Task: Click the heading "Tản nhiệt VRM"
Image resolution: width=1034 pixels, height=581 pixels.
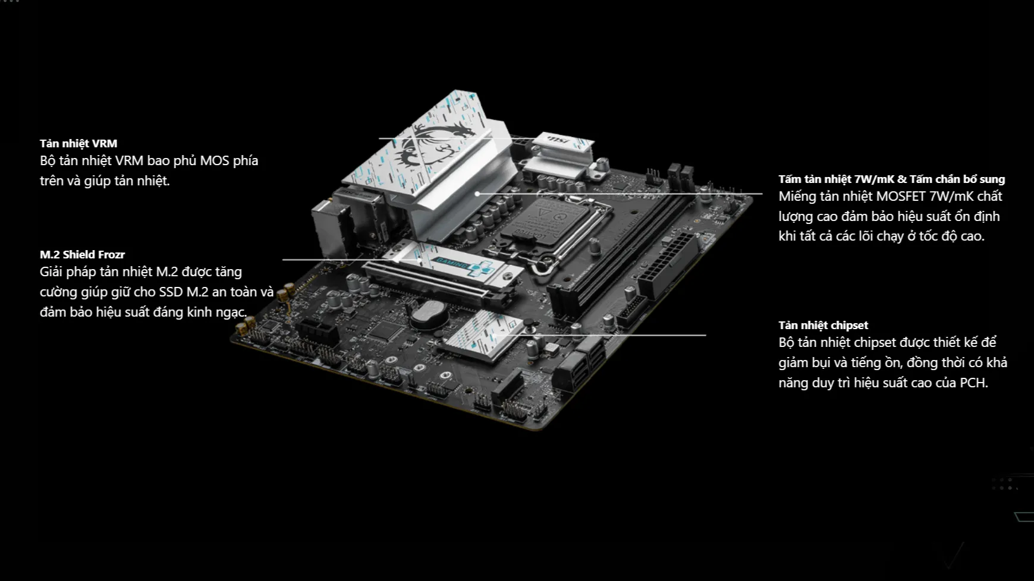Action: [x=78, y=143]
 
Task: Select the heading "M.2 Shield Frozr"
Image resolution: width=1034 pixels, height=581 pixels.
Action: [x=82, y=254]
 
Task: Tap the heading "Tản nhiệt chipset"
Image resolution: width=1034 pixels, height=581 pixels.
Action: [x=823, y=325]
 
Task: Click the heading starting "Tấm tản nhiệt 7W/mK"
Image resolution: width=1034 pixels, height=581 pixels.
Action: [x=891, y=179]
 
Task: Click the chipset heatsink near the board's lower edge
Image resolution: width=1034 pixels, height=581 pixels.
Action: [x=483, y=336]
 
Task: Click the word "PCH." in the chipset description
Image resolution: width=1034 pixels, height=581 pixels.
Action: [x=974, y=383]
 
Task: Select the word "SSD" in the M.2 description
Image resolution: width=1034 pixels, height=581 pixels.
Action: [x=171, y=292]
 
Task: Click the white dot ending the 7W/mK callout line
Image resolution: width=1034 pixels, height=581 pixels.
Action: [x=477, y=194]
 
